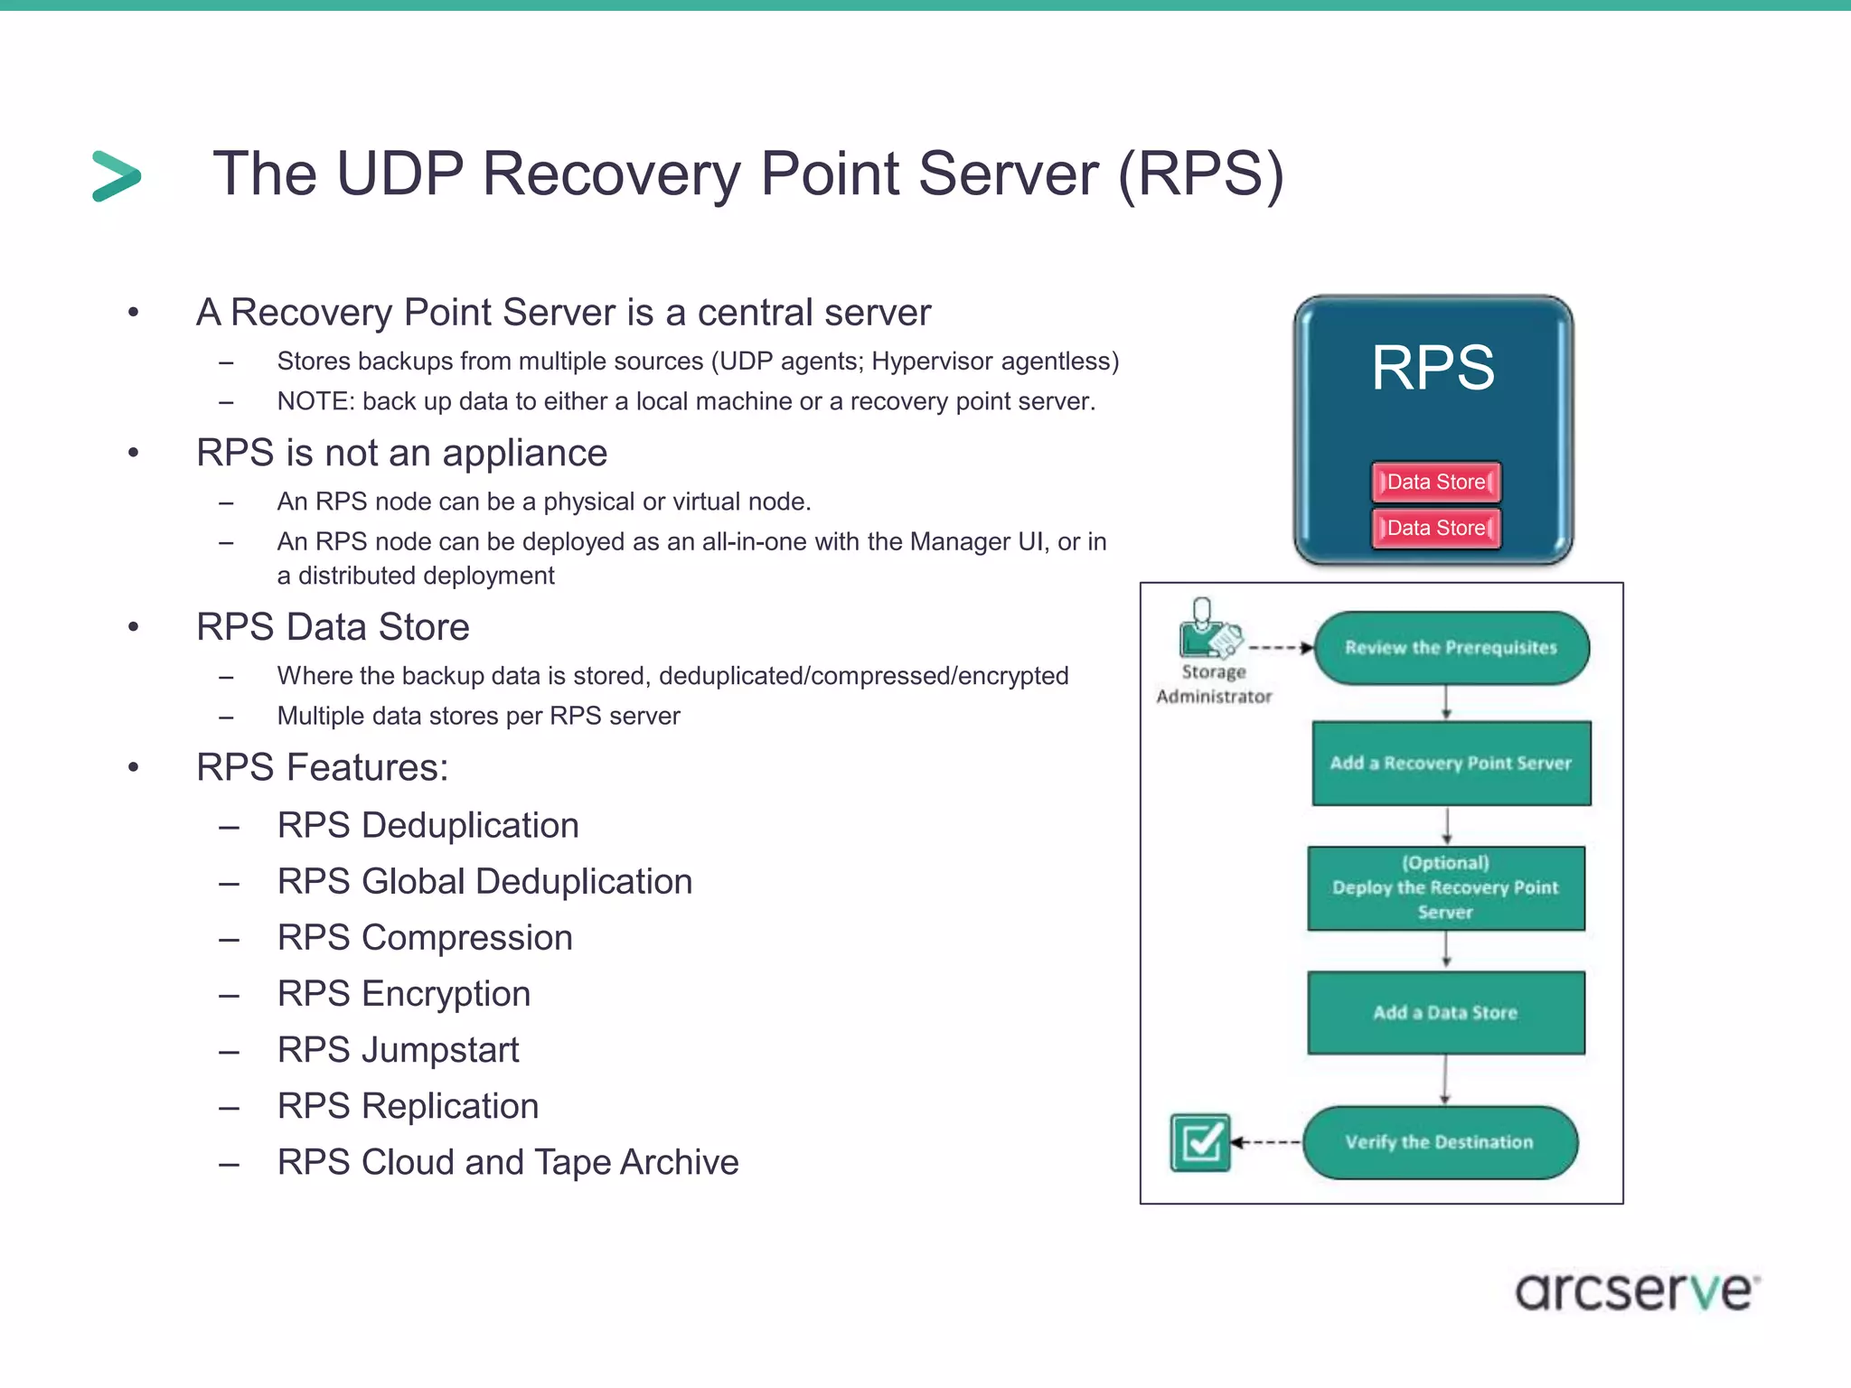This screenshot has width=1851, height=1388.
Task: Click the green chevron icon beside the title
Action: (117, 175)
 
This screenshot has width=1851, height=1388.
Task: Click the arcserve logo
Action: (1636, 1290)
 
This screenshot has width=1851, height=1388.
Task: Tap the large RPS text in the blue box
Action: (1433, 368)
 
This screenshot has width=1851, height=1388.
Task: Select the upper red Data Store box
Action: (1436, 482)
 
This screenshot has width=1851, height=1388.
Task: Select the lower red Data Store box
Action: (1436, 528)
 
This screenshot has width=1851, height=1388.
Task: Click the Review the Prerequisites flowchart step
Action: (1451, 648)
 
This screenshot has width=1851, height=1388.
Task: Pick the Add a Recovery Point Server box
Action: (1451, 763)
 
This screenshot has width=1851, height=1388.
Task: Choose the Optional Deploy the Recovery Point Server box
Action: (1445, 887)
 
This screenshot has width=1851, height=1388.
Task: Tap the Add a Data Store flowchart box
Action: (1445, 1012)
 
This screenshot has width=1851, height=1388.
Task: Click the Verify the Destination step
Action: (1440, 1142)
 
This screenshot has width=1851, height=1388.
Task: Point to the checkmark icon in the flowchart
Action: (1200, 1142)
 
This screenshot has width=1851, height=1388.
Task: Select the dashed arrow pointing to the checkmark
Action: (1266, 1142)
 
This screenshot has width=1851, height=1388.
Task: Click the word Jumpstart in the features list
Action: (440, 1050)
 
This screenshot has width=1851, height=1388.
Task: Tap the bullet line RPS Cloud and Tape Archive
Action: (508, 1162)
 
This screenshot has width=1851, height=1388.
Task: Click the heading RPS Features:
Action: (322, 767)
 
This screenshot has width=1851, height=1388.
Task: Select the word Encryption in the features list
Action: (446, 994)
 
